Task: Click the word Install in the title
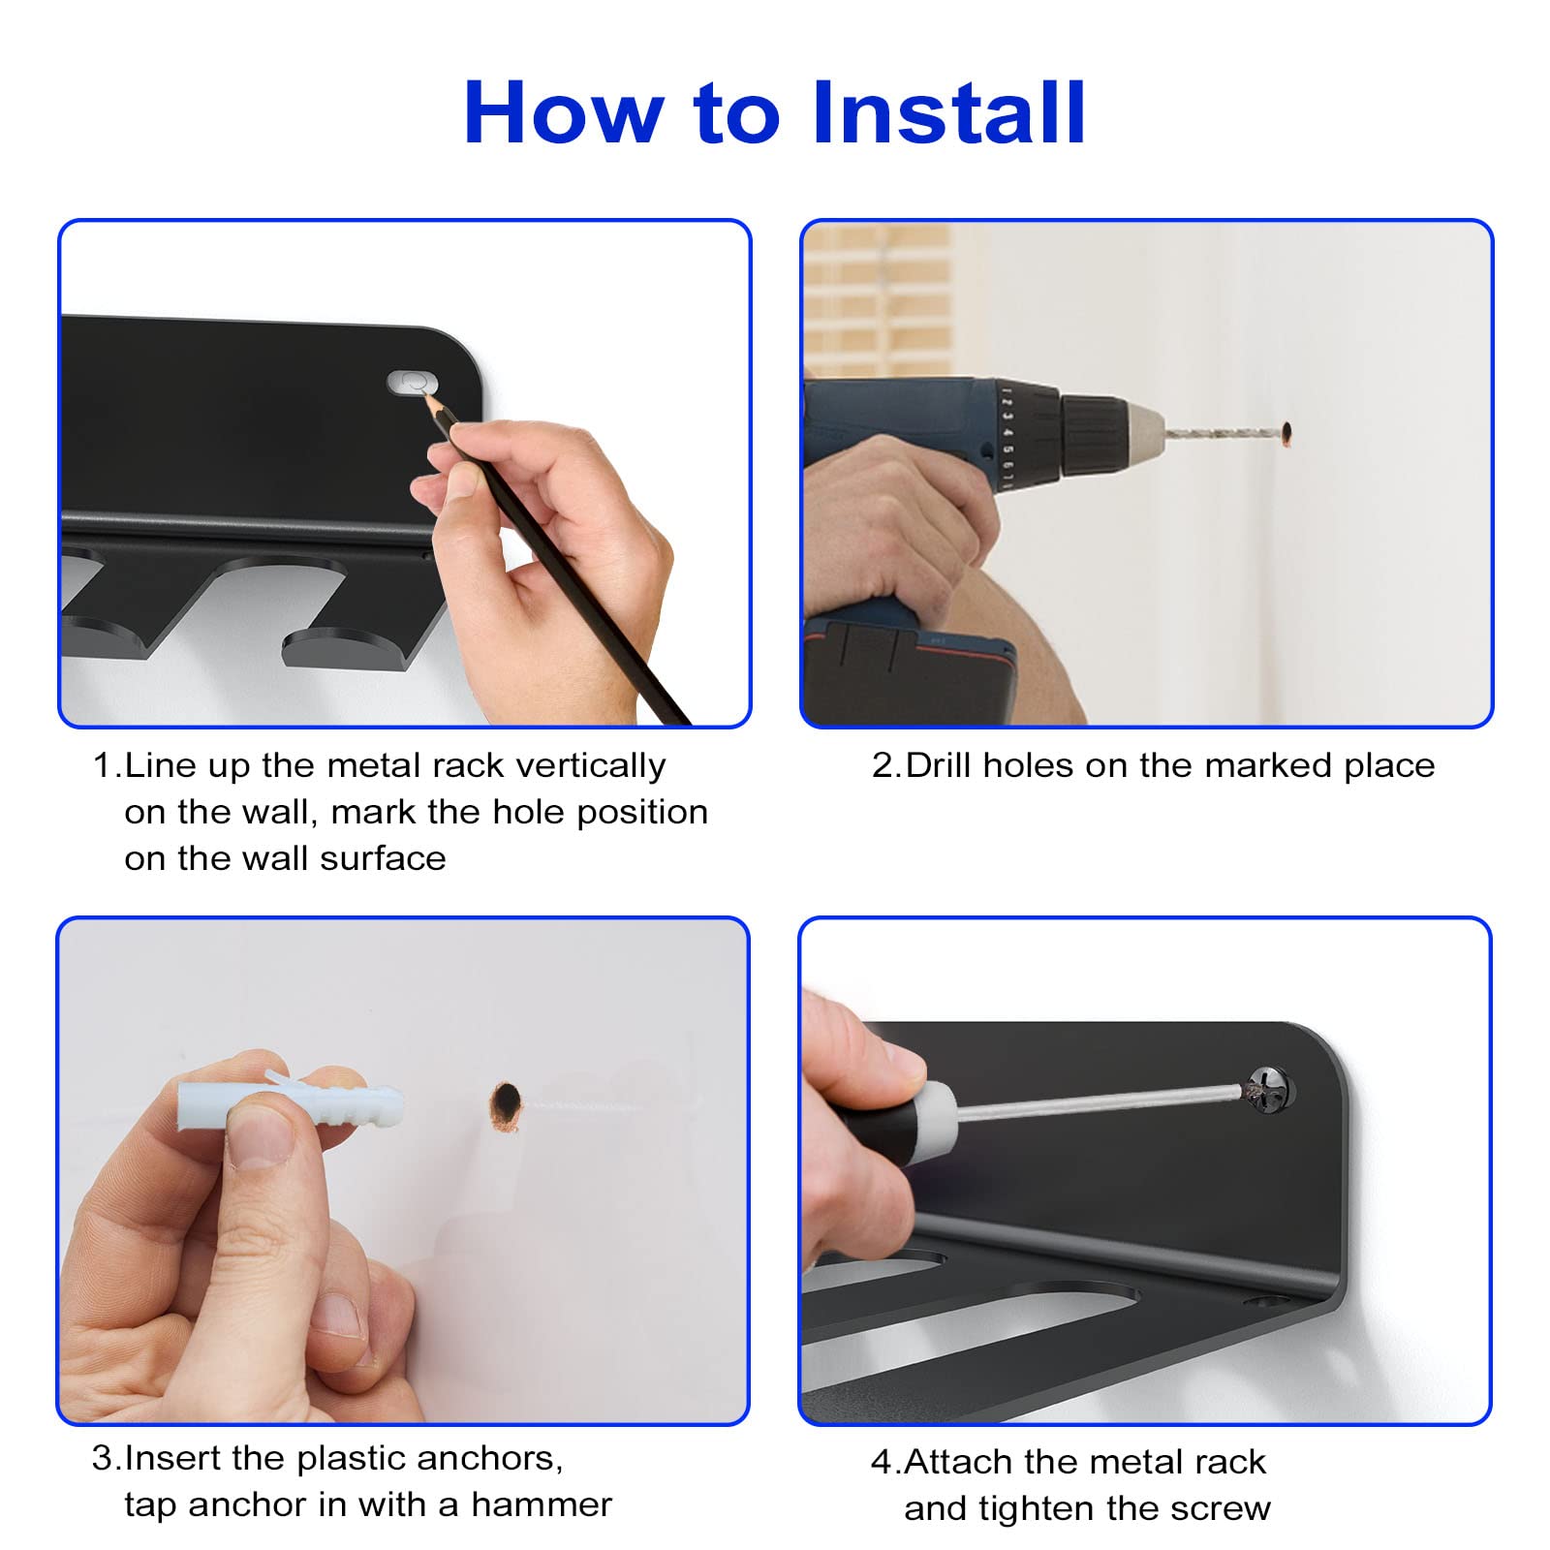point(948,112)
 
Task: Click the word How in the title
point(565,112)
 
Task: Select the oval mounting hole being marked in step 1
point(412,382)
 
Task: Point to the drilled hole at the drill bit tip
point(1286,433)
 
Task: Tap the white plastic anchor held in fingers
point(291,1105)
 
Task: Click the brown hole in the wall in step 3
point(506,1105)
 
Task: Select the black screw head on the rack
point(1269,1089)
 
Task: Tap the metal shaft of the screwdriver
point(1100,1101)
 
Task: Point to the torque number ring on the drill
point(1008,433)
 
